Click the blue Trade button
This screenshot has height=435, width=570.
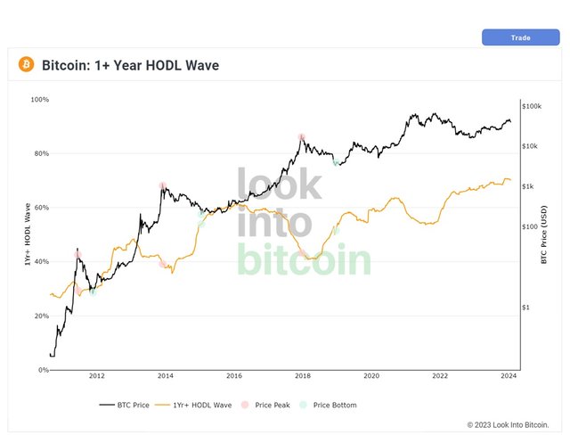pos(520,37)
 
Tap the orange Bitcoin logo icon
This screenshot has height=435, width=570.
pos(26,64)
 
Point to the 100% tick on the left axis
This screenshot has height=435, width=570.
pos(39,99)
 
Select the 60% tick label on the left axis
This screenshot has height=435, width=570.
pos(42,208)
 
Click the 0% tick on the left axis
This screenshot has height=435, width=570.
pos(44,370)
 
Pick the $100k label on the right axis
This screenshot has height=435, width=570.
pos(532,106)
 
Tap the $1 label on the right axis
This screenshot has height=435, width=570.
pos(525,308)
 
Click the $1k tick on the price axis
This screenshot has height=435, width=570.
pos(528,186)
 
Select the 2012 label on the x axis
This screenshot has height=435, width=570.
pos(97,375)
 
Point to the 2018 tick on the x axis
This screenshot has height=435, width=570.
pos(303,375)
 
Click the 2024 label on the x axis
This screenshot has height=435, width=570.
pos(509,375)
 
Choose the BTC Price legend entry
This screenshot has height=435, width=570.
pos(125,406)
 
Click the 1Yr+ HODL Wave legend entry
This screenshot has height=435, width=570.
pos(193,406)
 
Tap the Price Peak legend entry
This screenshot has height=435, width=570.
pos(265,406)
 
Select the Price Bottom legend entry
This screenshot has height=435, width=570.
pos(328,406)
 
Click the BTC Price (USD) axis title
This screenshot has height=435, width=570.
pos(544,234)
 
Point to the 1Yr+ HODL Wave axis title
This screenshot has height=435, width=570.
pos(28,234)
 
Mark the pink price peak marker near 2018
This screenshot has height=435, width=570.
pos(301,137)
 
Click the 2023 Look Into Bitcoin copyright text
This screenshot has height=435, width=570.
pos(508,425)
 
